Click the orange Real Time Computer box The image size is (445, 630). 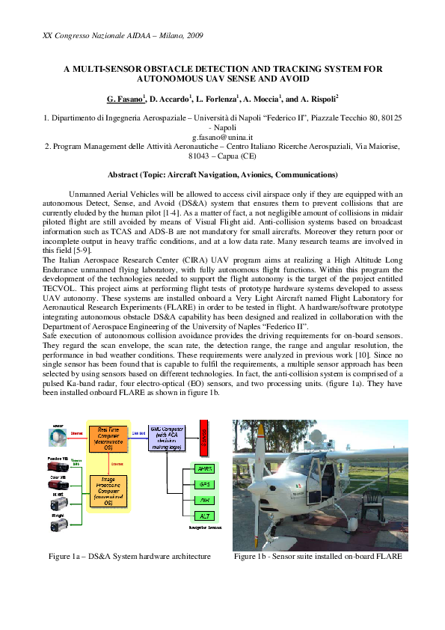pos(108,439)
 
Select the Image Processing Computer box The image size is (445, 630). pos(108,490)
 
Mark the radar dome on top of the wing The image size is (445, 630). pos(316,434)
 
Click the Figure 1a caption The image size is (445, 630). pos(129,557)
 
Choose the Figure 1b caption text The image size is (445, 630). pos(318,557)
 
